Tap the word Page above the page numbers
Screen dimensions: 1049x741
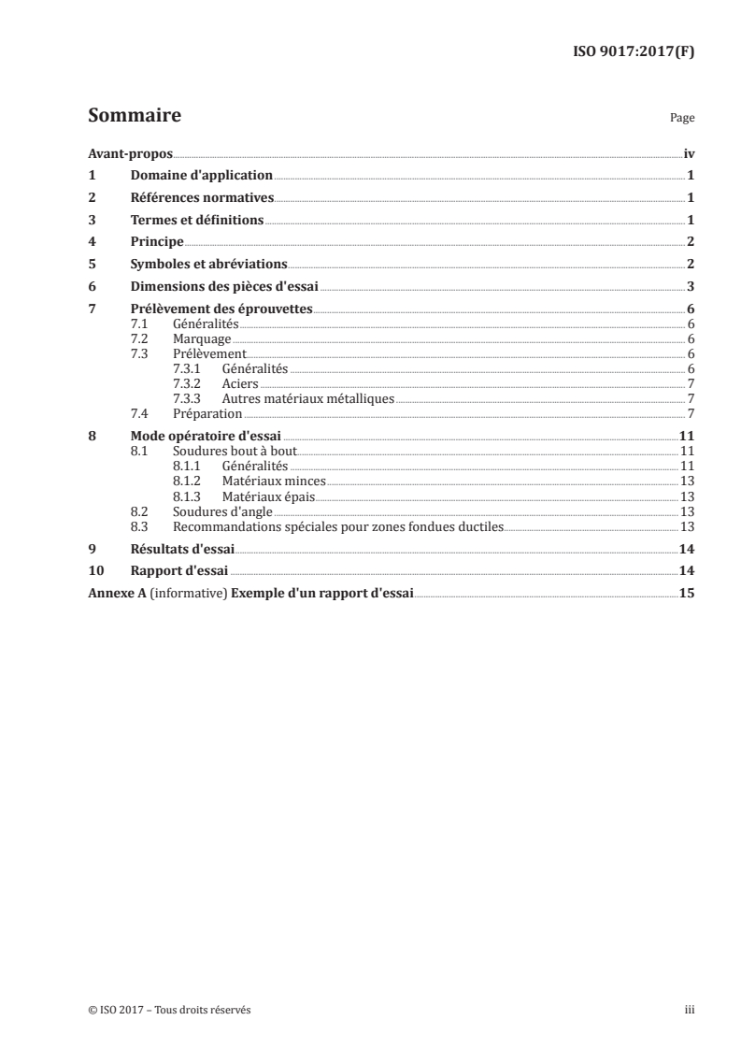pos(682,120)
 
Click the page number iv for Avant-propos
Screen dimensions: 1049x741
pos(689,153)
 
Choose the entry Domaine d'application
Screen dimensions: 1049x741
pos(201,176)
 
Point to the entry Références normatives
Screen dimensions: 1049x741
pos(202,198)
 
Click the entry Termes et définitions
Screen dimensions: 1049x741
pos(197,221)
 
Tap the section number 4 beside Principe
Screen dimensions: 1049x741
pos(92,243)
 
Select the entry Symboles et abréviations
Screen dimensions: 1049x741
pos(208,266)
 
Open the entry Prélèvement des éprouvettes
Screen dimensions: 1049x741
pos(221,310)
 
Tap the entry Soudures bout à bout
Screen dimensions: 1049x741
pos(235,452)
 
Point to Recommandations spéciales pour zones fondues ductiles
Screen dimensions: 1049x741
pos(338,526)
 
